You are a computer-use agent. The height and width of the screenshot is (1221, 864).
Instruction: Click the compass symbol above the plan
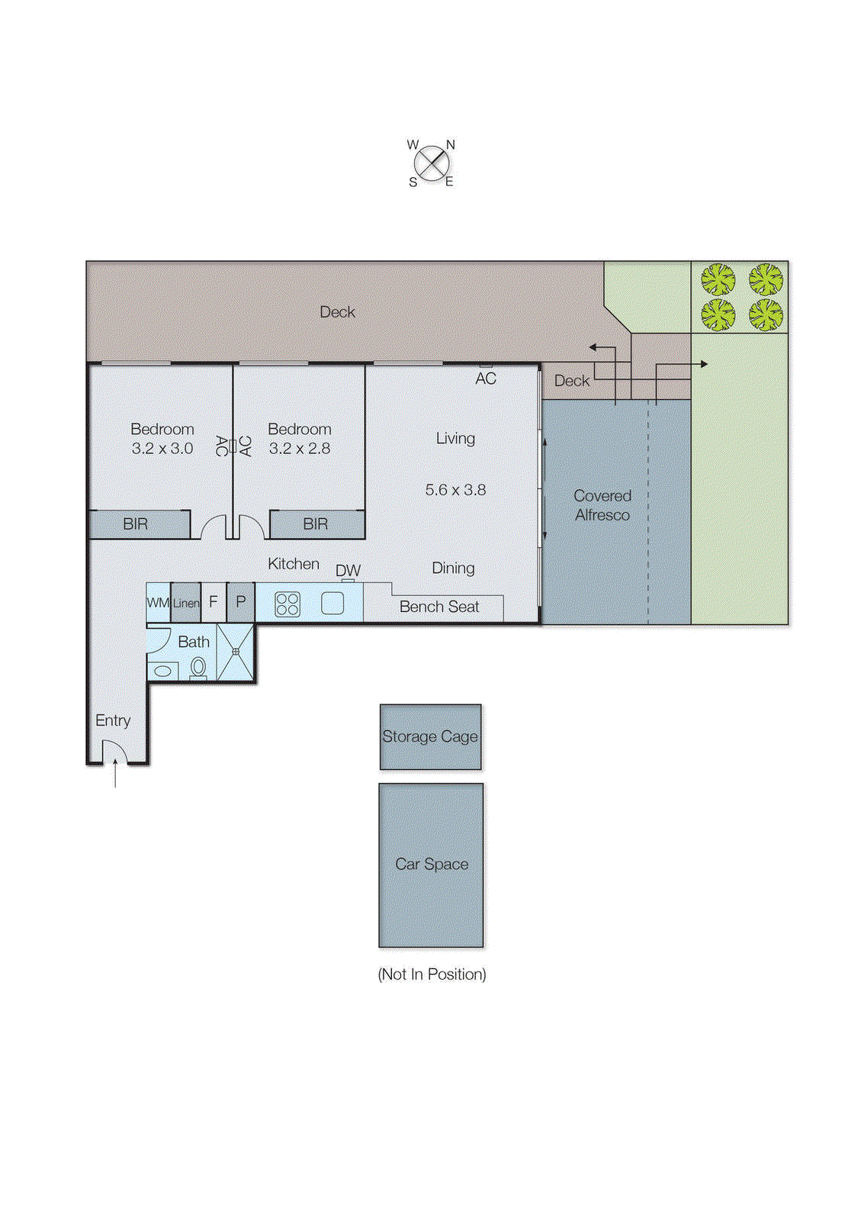pos(432,163)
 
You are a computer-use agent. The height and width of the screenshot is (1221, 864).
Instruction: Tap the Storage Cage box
pos(430,736)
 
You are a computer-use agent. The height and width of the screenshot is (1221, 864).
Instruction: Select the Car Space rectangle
pos(431,865)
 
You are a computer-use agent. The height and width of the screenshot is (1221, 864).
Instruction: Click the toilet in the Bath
pos(198,668)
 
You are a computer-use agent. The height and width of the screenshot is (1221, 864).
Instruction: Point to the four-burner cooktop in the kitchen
pos(287,604)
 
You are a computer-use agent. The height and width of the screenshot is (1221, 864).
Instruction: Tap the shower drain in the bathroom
pos(236,652)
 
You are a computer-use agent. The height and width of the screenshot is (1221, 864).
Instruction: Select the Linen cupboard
pos(186,603)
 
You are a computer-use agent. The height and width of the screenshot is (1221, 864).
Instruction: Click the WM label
pos(158,603)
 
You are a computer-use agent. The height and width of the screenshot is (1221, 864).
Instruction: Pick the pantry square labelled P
pos(241,602)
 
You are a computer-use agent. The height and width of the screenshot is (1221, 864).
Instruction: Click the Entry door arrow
pos(115,772)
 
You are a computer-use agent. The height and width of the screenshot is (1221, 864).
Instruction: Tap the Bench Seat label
pos(439,607)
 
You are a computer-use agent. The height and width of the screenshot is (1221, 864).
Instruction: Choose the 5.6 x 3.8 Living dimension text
pos(455,489)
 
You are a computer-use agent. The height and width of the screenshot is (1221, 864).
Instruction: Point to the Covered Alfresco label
pos(602,505)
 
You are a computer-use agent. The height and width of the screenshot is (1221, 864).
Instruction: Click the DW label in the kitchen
pos(348,570)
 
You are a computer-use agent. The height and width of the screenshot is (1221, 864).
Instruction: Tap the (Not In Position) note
pos(432,974)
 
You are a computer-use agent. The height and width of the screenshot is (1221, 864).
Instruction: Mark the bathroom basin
pos(163,671)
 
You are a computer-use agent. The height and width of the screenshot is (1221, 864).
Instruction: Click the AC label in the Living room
pos(486,379)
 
